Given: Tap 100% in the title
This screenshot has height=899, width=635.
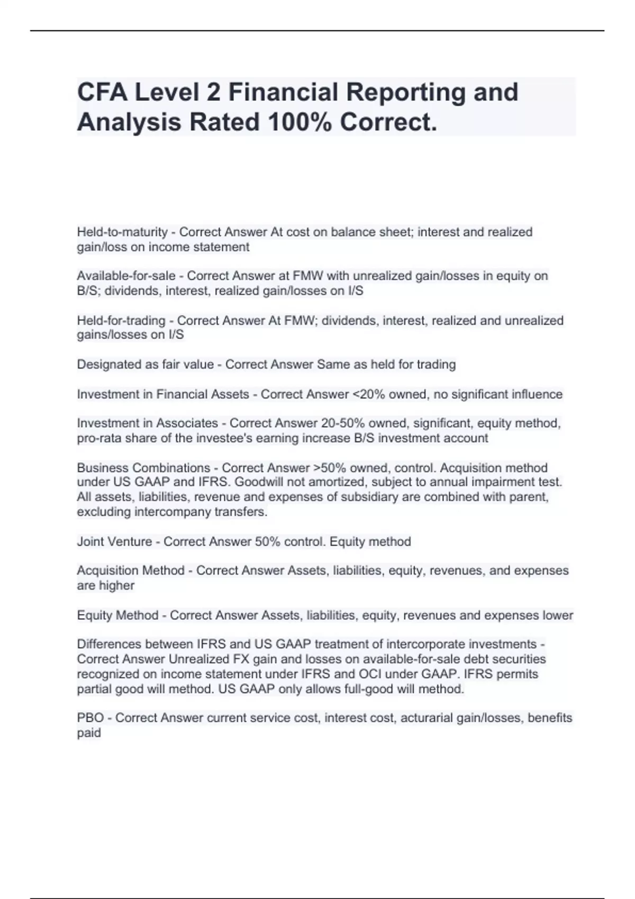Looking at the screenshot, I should click(300, 122).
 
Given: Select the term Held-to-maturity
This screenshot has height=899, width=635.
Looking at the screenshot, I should click(122, 232).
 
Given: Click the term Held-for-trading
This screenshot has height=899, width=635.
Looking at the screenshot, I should click(121, 320).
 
